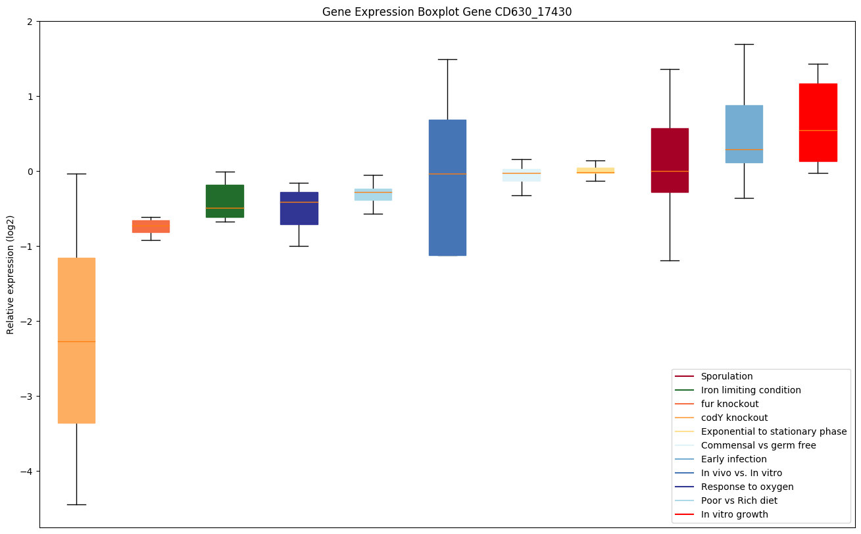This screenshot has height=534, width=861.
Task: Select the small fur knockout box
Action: pyautogui.click(x=151, y=226)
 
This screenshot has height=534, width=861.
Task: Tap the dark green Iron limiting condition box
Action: pyautogui.click(x=225, y=201)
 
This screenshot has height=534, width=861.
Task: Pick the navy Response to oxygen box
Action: pyautogui.click(x=299, y=208)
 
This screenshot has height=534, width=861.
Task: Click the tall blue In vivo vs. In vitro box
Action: pyautogui.click(x=447, y=187)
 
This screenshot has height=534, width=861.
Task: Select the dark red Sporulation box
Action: pyautogui.click(x=670, y=160)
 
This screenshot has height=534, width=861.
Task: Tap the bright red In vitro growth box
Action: pyautogui.click(x=818, y=122)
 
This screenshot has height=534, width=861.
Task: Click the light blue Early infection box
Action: pyautogui.click(x=744, y=133)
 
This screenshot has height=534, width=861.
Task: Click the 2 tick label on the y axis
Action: pyautogui.click(x=30, y=22)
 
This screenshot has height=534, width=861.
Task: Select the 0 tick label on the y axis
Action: pyautogui.click(x=30, y=172)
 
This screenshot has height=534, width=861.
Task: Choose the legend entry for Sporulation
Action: pyautogui.click(x=726, y=376)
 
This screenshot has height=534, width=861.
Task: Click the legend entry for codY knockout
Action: pyautogui.click(x=734, y=418)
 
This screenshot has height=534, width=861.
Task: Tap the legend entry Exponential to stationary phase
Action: pyautogui.click(x=774, y=431)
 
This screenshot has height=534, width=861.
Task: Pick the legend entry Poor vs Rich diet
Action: pyautogui.click(x=739, y=500)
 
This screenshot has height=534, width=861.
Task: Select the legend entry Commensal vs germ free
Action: pyautogui.click(x=758, y=445)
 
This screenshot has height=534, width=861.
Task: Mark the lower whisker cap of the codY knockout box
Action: pyautogui.click(x=76, y=504)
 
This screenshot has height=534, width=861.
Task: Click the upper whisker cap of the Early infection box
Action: pyautogui.click(x=744, y=44)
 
